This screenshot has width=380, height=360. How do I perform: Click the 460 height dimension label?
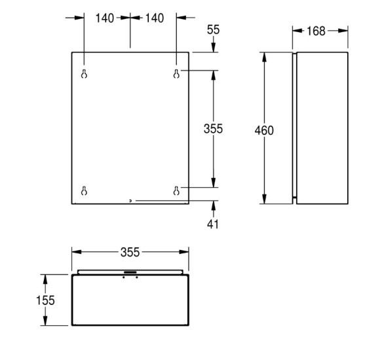(x=264, y=130)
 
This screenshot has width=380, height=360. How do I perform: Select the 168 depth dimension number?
(x=316, y=31)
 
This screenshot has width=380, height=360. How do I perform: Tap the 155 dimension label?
(x=45, y=300)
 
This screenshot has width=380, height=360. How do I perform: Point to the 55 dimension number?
(x=214, y=29)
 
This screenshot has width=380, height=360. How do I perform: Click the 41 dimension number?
(x=213, y=225)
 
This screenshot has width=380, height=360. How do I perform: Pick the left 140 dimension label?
(x=105, y=18)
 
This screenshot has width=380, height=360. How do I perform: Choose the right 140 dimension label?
(x=155, y=18)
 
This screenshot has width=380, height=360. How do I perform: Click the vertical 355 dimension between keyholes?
(x=214, y=129)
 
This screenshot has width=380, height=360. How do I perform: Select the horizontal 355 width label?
(x=130, y=252)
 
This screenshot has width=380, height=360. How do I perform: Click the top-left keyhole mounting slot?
(x=84, y=74)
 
